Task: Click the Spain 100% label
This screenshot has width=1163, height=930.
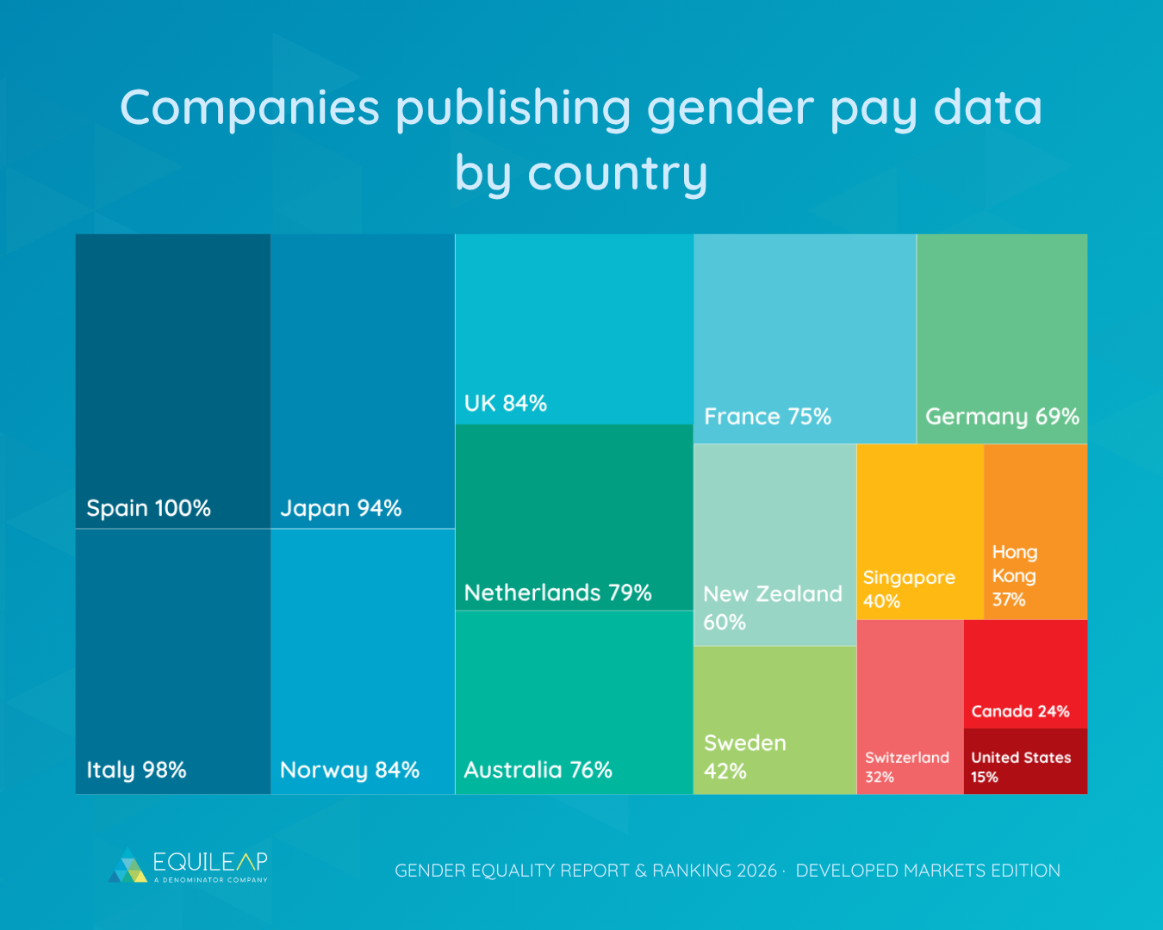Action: [x=148, y=508]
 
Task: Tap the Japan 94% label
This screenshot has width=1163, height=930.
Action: [x=341, y=508]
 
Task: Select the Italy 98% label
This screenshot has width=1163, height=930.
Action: [x=136, y=770]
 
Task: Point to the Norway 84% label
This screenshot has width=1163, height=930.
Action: [x=350, y=770]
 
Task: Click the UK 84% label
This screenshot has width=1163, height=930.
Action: [x=506, y=403]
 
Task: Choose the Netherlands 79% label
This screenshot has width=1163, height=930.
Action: [x=557, y=592]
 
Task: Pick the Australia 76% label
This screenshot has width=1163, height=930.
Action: [x=538, y=770]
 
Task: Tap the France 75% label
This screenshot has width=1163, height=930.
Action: [x=768, y=417]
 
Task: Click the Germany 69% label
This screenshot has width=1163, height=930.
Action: [x=1002, y=417]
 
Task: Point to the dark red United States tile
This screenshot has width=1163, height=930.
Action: [x=1025, y=762]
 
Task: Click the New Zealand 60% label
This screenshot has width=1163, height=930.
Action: [x=772, y=607]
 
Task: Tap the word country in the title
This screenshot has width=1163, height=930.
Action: [x=617, y=173]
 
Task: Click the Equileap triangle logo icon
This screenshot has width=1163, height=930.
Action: [x=127, y=866]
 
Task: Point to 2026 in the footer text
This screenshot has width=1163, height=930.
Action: [x=757, y=871]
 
